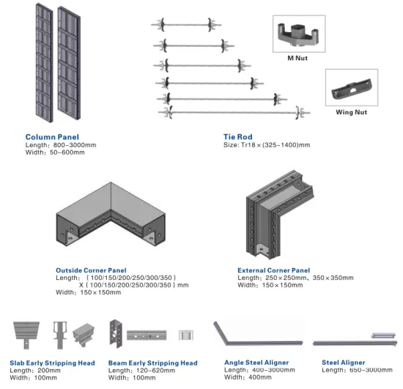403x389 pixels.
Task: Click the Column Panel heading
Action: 52,137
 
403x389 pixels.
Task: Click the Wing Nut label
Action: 352,112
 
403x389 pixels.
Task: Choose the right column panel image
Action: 72,68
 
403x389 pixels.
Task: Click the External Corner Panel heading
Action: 273,270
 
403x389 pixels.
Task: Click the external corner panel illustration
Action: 281,212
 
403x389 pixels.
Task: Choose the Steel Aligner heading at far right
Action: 344,363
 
